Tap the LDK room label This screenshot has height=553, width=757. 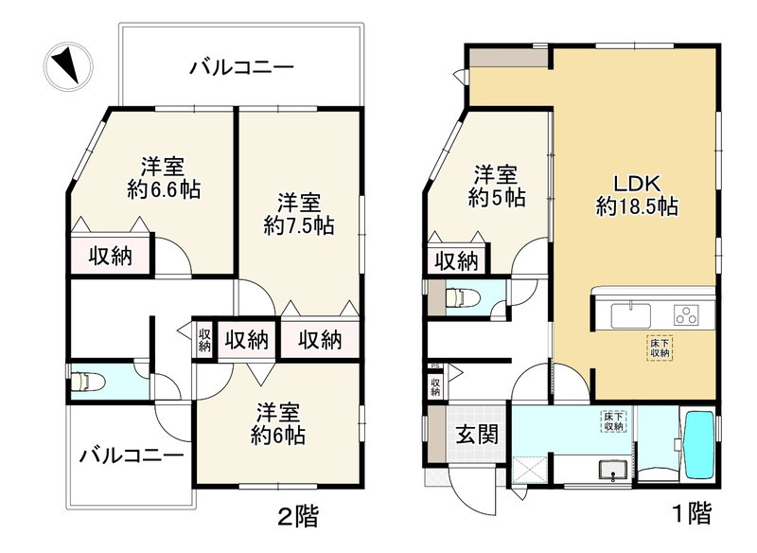coord(636,182)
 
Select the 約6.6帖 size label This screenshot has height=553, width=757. coord(164,188)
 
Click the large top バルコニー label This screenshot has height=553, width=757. coord(241,67)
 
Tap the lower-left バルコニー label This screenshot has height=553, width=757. coord(131,455)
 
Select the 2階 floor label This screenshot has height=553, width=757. coord(297,516)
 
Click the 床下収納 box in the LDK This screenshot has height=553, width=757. coord(660,348)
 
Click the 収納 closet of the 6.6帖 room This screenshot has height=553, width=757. coord(111,256)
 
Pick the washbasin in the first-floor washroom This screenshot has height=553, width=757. coord(609,471)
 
